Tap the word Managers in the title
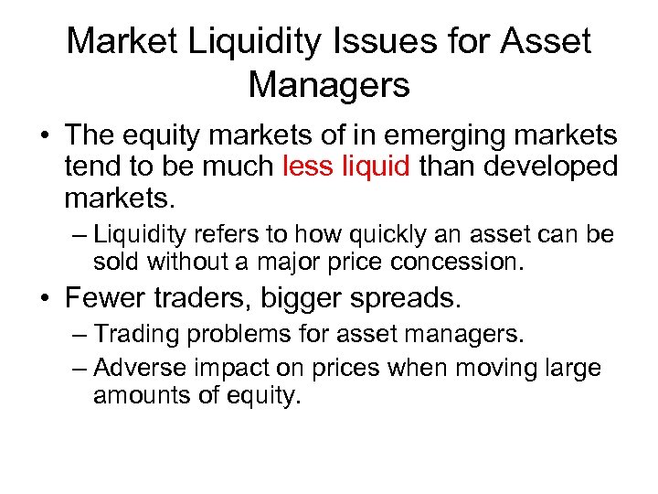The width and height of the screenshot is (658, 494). (x=329, y=85)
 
